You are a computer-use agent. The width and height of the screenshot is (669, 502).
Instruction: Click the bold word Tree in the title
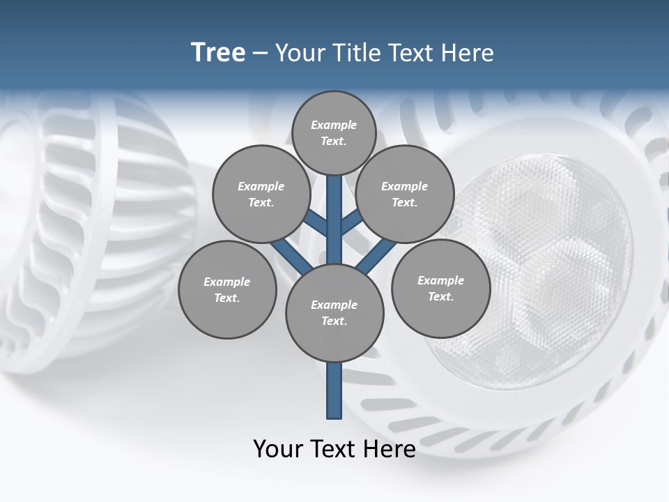tap(218, 53)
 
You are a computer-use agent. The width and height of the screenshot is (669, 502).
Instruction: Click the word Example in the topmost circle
tap(334, 125)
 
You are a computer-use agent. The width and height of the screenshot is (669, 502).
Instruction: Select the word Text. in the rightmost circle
tap(440, 297)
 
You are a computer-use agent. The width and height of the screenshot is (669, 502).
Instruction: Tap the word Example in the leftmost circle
tap(226, 282)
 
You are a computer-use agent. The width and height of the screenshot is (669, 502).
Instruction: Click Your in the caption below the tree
tap(278, 449)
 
